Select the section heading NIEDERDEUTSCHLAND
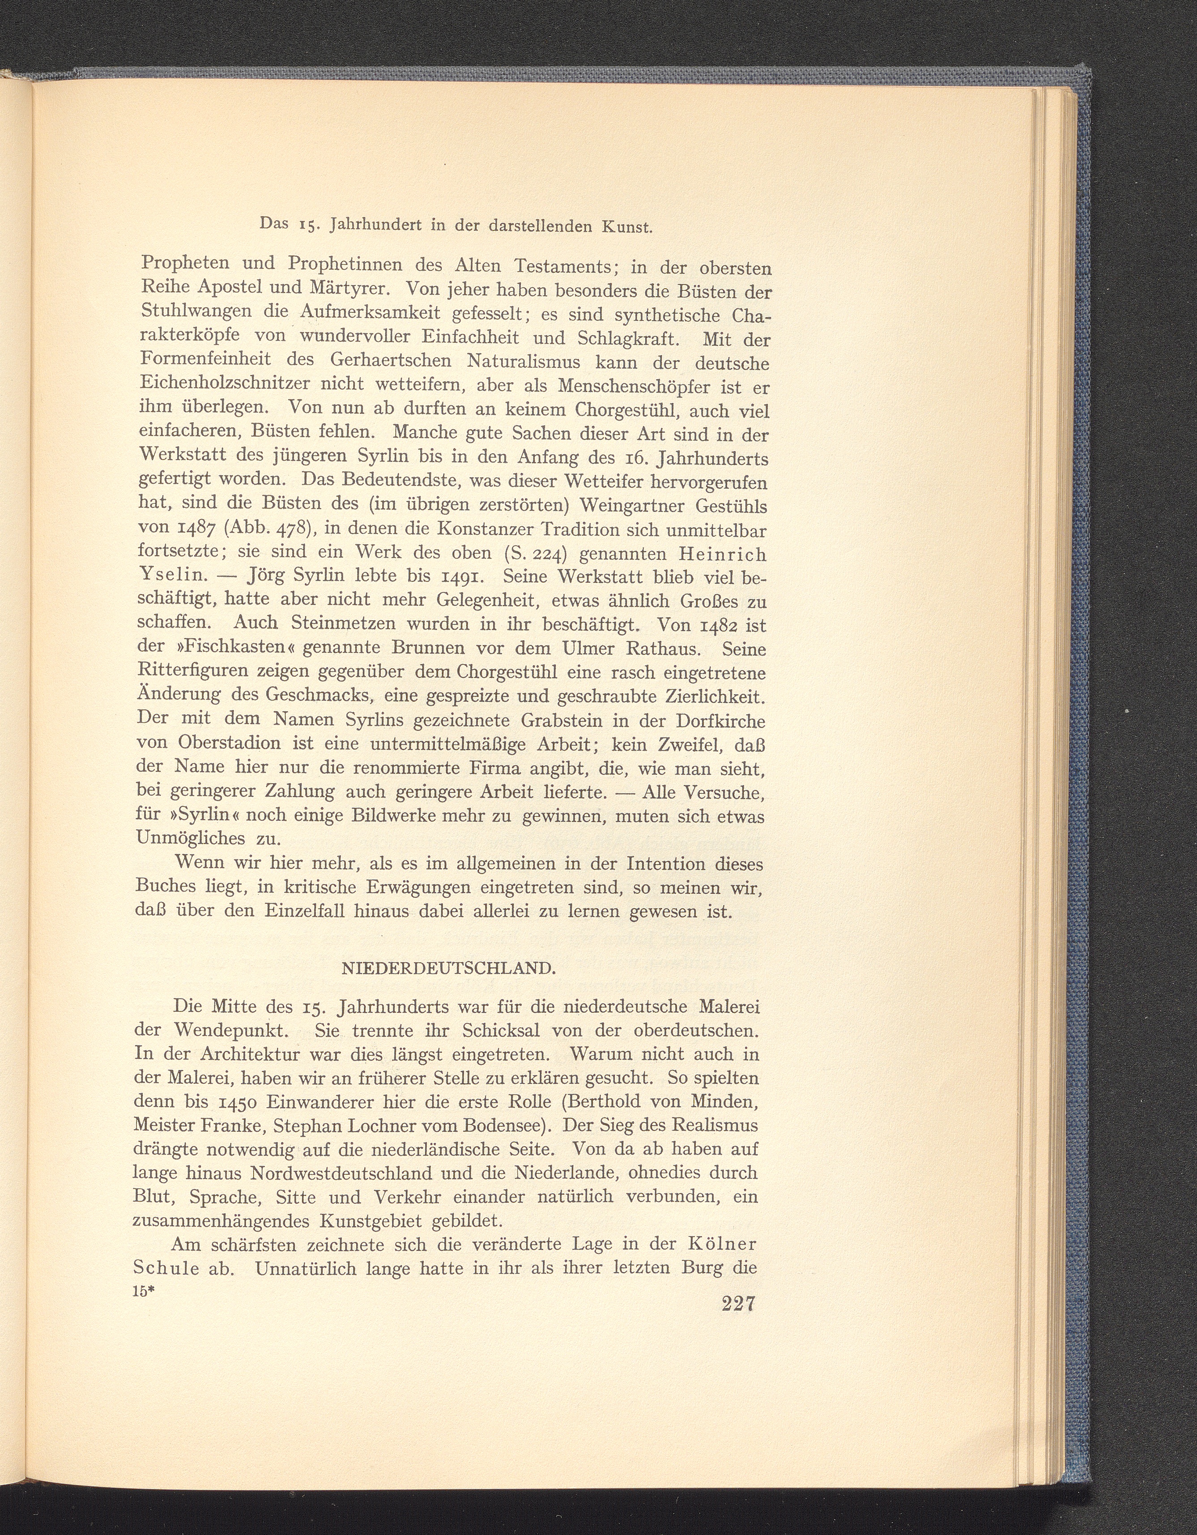[448, 968]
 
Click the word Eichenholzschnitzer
[226, 387]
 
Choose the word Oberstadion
[222, 744]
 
